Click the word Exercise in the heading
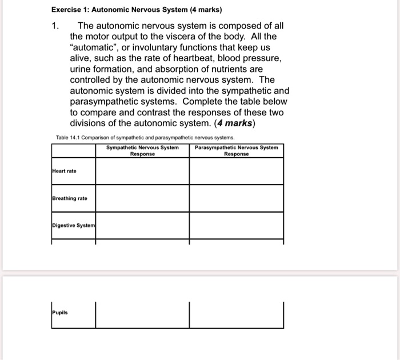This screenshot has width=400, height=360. pyautogui.click(x=69, y=10)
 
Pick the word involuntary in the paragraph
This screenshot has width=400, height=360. pyautogui.click(x=157, y=47)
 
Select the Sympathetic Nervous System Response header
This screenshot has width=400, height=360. pyautogui.click(x=142, y=150)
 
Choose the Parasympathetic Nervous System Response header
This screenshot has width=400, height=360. pyautogui.click(x=236, y=150)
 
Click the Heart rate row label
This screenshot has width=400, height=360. pyautogui.click(x=64, y=171)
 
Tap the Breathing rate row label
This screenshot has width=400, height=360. pyautogui.click(x=70, y=198)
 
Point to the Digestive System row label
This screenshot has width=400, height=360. pyautogui.click(x=73, y=226)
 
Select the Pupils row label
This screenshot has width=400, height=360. pyautogui.click(x=59, y=313)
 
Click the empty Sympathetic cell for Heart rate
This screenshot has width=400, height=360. pyautogui.click(x=142, y=171)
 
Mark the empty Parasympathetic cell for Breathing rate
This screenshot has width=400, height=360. pyautogui.click(x=236, y=198)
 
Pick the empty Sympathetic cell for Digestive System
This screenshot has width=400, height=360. pyautogui.click(x=142, y=226)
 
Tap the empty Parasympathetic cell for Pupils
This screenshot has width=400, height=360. pyautogui.click(x=236, y=314)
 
